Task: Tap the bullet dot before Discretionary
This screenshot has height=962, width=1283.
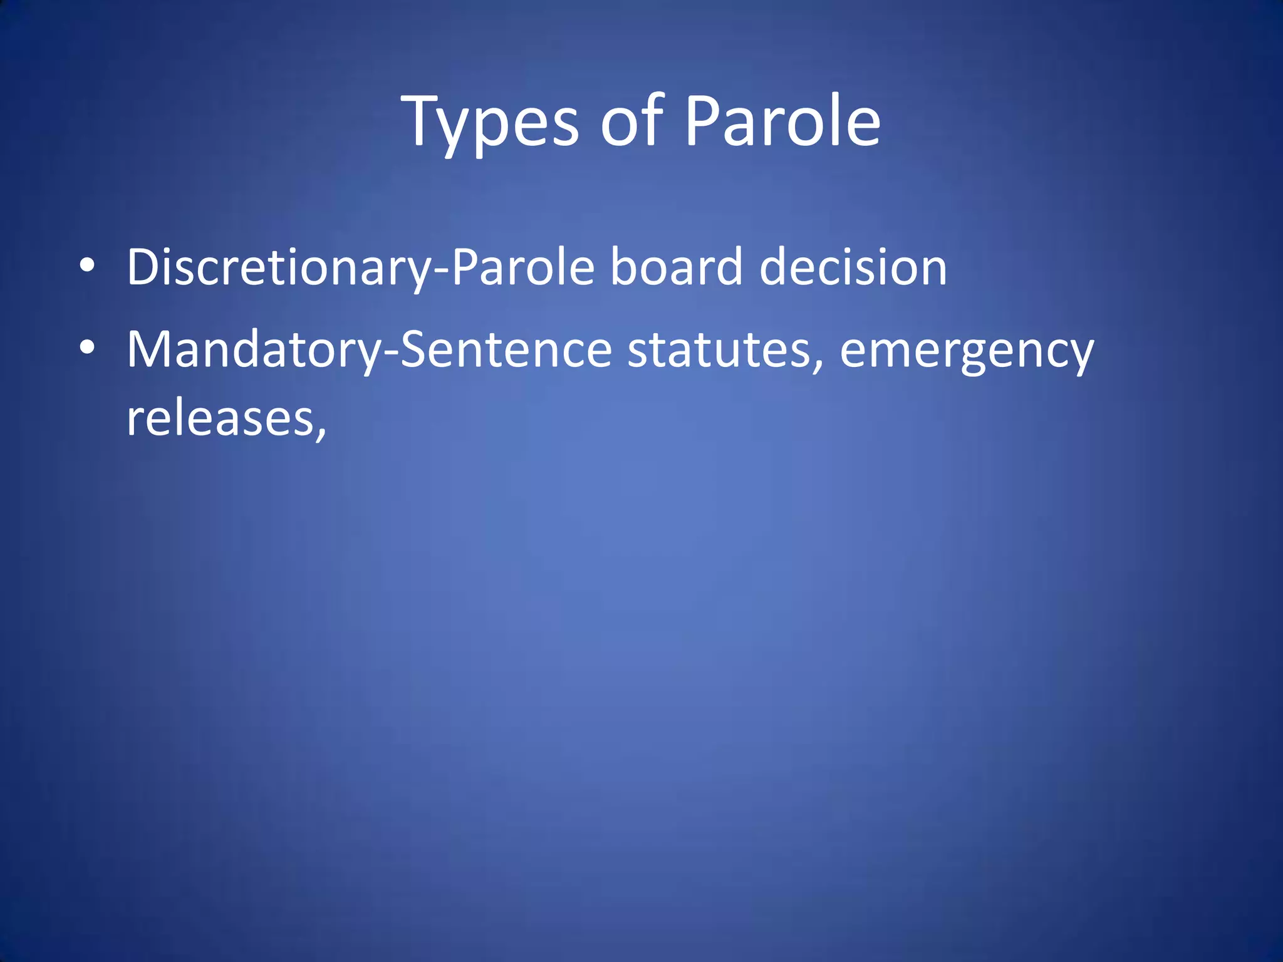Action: point(87,266)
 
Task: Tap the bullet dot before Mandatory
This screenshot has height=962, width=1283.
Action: point(87,348)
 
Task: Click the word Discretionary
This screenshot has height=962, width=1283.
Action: point(279,268)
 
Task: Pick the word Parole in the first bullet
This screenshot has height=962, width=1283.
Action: point(522,267)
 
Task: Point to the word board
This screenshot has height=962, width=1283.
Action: point(677,267)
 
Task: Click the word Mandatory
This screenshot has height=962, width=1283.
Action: point(254,349)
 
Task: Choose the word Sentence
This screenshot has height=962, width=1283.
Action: point(506,349)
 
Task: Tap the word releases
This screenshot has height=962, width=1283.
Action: point(220,419)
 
